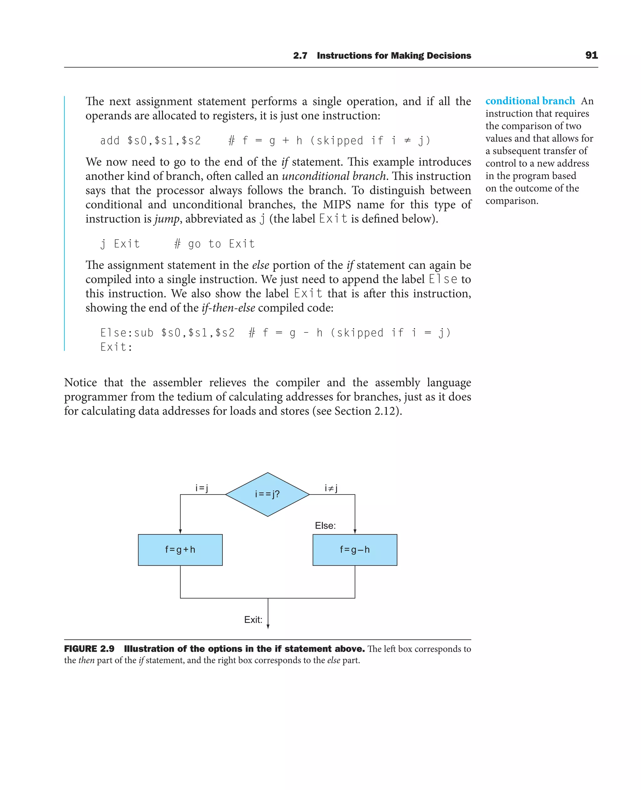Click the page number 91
coord(591,55)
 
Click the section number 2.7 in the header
coord(300,56)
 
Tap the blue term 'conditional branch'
coord(530,101)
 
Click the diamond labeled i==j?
coord(267,494)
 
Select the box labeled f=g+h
coord(180,549)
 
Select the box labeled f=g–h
coord(355,549)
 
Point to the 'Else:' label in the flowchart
coord(325,525)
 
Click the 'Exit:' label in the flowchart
coord(253,620)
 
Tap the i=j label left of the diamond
coord(202,488)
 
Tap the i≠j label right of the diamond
coord(331,488)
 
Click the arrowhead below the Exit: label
coord(268,626)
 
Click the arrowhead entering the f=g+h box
coord(180,531)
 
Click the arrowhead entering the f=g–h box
coord(355,531)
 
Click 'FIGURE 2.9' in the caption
coord(89,649)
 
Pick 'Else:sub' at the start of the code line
coord(127,333)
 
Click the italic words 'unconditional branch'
coord(333,176)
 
